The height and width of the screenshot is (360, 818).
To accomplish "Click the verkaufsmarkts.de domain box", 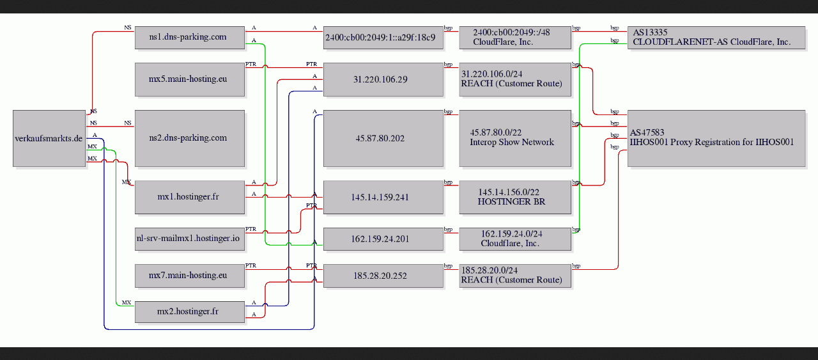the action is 49,139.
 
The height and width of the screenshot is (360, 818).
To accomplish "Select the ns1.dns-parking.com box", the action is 190,38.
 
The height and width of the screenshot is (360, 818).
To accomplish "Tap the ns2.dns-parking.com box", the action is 190,139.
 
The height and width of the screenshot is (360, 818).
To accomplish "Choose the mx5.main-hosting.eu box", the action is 190,80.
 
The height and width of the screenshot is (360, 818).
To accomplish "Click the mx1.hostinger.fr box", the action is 190,198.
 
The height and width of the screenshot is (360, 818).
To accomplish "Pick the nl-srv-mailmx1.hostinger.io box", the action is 190,239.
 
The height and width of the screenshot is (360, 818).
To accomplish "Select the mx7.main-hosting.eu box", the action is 190,276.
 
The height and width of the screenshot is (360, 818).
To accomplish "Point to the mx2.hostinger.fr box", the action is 190,312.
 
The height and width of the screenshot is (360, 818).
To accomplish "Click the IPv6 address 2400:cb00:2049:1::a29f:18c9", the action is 383,38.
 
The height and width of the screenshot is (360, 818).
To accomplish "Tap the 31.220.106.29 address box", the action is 383,80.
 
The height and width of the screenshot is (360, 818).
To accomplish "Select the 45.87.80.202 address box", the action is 383,139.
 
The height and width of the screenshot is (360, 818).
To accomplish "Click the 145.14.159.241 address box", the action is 383,198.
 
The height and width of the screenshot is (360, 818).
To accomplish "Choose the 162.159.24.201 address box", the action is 383,239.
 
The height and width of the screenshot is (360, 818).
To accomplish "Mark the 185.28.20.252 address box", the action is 383,276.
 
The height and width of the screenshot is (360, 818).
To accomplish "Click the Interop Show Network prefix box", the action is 515,139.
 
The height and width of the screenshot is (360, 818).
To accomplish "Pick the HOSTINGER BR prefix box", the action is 515,198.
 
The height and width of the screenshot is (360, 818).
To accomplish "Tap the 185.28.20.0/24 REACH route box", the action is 515,276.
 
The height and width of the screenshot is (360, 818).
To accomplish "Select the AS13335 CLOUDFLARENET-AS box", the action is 716,38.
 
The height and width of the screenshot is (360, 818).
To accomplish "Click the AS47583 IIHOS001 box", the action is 716,139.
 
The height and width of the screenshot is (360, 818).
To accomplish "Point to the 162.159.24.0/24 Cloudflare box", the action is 515,239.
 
